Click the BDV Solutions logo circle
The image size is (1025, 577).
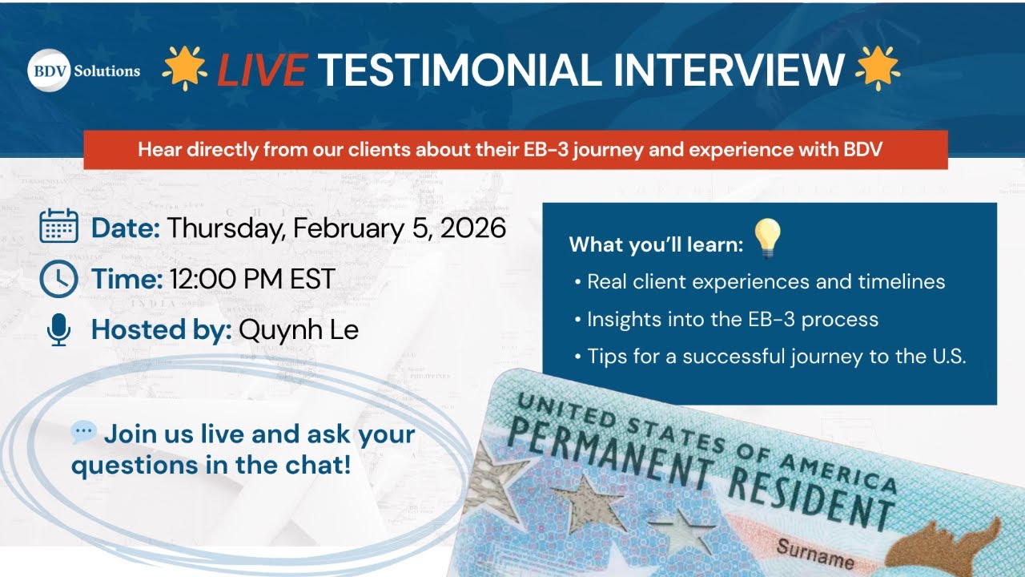(x=49, y=71)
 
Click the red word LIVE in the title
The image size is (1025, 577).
(x=261, y=70)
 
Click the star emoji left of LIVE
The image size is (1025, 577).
(x=184, y=69)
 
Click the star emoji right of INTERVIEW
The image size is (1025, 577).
(x=877, y=69)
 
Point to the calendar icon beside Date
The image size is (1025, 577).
(x=58, y=226)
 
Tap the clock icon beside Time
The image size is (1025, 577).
(x=58, y=279)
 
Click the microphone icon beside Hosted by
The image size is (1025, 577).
(x=58, y=329)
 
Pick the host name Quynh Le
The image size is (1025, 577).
(x=298, y=329)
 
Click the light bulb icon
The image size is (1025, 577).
(x=766, y=238)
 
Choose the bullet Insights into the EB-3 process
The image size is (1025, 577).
(x=732, y=319)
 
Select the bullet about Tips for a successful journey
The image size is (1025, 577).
(x=776, y=357)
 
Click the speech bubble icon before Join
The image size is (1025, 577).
(x=83, y=434)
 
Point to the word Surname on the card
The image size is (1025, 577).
(x=815, y=553)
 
